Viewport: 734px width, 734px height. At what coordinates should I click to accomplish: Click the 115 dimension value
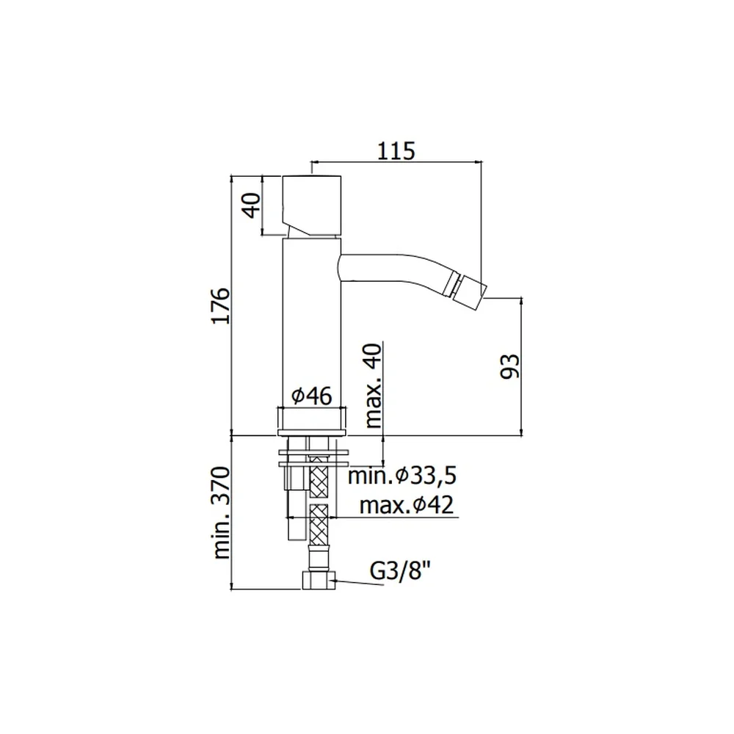[x=396, y=150]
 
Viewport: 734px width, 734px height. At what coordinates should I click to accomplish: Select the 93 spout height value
[x=510, y=366]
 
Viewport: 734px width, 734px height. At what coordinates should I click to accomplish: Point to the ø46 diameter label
[x=312, y=396]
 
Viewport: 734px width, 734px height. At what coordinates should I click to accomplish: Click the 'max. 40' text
[x=373, y=385]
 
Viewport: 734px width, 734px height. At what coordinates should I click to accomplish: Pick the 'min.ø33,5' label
[x=402, y=476]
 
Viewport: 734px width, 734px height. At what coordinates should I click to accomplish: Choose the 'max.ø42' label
[x=407, y=505]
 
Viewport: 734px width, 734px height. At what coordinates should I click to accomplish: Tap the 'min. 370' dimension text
[x=222, y=512]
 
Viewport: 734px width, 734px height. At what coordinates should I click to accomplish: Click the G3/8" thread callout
[x=400, y=571]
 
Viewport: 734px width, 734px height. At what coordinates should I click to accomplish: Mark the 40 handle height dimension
[x=252, y=206]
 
